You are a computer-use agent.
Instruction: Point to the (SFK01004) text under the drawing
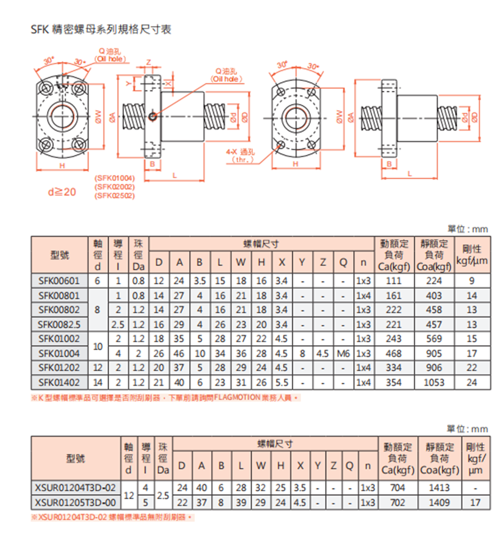coord(115,178)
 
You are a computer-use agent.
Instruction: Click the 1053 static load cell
coord(434,382)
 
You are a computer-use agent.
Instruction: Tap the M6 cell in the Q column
coord(344,353)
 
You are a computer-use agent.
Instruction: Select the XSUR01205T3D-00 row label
coord(76,502)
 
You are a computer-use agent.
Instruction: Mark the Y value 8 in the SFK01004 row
coord(302,353)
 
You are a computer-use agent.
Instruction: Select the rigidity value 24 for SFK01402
coord(472,382)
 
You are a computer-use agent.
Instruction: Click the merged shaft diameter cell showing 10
coord(98,346)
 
